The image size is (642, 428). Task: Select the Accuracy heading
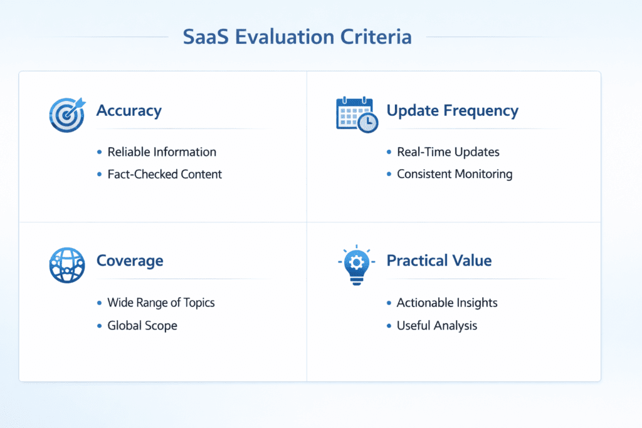(129, 111)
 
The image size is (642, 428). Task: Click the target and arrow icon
(66, 113)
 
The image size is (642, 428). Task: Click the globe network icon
(66, 265)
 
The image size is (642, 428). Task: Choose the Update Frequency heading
(452, 111)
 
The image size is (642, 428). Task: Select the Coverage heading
(130, 260)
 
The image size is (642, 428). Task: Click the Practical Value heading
(439, 260)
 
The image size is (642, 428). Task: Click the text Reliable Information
(162, 152)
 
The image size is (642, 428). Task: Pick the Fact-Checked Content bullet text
(164, 174)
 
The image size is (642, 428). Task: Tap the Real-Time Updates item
(448, 152)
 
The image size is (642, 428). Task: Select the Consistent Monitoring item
(455, 174)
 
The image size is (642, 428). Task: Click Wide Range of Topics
(161, 303)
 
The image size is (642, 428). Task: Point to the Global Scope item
(142, 326)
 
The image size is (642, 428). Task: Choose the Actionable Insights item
(447, 303)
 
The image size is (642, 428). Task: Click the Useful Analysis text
(437, 326)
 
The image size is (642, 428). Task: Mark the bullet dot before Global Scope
(100, 326)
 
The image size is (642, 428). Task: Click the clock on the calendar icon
(369, 122)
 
